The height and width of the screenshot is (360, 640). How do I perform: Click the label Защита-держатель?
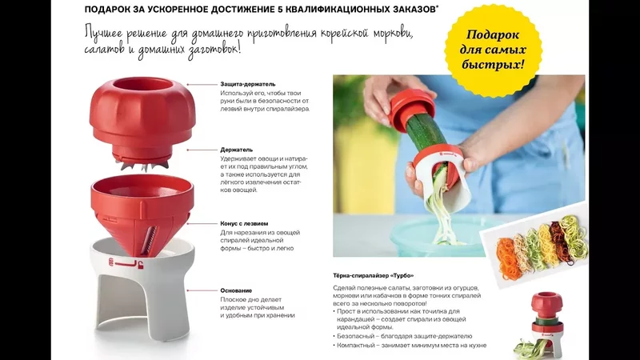pyautogui.click(x=248, y=84)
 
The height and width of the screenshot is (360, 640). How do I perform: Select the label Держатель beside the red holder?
pyautogui.click(x=236, y=150)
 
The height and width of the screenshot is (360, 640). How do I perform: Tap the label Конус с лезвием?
pyautogui.click(x=244, y=224)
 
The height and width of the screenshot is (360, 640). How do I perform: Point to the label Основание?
pyautogui.click(x=236, y=290)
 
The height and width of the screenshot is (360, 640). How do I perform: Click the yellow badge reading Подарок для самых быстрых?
pyautogui.click(x=493, y=50)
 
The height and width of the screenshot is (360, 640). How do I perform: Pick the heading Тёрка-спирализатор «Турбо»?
pyautogui.click(x=373, y=276)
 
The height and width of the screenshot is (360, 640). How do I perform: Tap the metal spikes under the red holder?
pyautogui.click(x=142, y=165)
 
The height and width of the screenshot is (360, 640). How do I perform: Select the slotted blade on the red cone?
pyautogui.click(x=152, y=238)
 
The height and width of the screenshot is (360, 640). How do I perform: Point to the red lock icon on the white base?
pyautogui.click(x=140, y=266)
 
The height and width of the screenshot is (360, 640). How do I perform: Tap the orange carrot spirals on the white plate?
pyautogui.click(x=507, y=258)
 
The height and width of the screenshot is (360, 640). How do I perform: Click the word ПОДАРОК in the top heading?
pyautogui.click(x=104, y=10)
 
